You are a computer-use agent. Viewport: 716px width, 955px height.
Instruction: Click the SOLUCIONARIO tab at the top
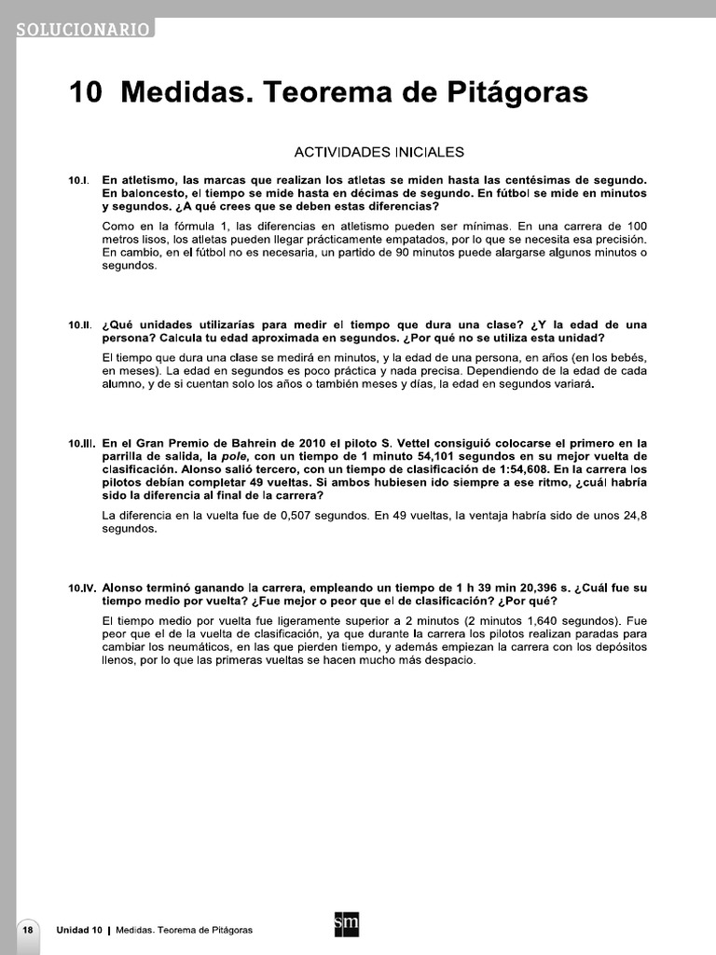coord(82,29)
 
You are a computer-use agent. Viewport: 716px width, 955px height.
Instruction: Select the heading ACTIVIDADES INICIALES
coord(379,151)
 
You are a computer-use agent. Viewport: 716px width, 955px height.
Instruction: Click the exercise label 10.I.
coord(77,180)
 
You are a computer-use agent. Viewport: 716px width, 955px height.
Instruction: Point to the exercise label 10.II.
coord(78,325)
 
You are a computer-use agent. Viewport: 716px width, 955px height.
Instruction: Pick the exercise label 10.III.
coord(80,444)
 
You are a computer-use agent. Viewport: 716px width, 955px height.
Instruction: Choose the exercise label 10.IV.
coord(81,589)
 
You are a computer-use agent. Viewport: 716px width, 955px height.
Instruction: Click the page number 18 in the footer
coord(28,930)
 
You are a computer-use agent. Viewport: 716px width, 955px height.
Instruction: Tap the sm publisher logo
coord(346,925)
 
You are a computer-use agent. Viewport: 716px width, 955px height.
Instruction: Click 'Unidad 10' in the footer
coord(79,931)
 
